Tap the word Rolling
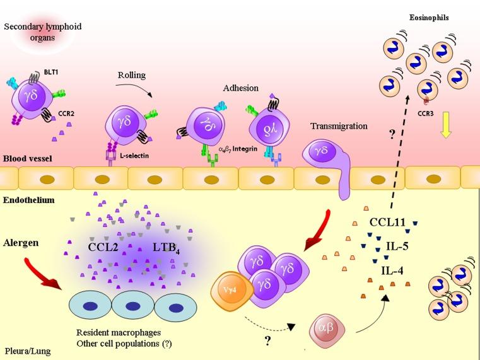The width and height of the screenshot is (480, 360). point(132,75)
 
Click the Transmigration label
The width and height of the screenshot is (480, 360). point(339,126)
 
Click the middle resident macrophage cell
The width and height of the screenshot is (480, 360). point(131,307)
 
